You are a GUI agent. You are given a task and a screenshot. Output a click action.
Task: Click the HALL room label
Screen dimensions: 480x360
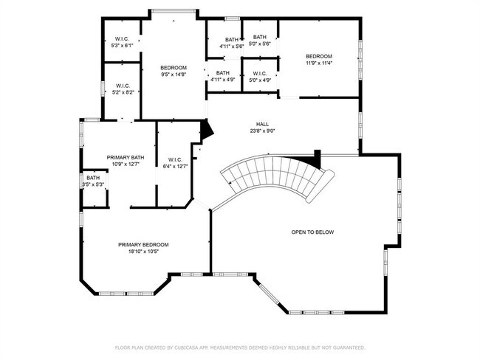tap(262, 124)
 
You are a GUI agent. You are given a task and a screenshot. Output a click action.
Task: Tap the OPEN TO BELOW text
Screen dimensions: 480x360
tap(312, 232)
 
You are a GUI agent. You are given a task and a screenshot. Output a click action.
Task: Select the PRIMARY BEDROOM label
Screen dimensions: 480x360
tap(143, 245)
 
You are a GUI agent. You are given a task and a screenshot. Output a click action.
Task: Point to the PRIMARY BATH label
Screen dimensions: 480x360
tap(126, 158)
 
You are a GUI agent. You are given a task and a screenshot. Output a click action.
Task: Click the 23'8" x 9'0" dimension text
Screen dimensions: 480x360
tap(262, 131)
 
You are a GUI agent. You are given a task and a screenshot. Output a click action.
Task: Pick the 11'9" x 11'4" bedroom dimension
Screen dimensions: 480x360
tap(319, 63)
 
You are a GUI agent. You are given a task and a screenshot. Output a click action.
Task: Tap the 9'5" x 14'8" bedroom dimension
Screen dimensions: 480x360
tap(174, 75)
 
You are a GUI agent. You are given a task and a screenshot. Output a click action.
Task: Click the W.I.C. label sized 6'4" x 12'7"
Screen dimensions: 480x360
tap(175, 159)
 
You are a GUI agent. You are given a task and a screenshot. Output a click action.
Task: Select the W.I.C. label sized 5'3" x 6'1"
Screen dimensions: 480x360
tap(122, 39)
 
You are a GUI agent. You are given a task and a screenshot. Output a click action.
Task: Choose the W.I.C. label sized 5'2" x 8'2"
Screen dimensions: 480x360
tap(123, 86)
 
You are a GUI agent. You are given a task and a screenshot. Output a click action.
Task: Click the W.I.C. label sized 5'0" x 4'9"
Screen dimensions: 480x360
tap(260, 74)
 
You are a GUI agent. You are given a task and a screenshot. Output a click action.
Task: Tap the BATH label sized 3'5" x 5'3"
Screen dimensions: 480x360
tap(93, 178)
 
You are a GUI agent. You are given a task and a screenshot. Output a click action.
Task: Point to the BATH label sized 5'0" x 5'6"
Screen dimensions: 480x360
tap(260, 37)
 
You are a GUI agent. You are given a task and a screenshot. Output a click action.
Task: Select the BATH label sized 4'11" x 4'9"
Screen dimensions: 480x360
tap(222, 73)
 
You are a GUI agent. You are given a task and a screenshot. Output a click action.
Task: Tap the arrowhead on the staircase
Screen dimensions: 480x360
tap(230, 183)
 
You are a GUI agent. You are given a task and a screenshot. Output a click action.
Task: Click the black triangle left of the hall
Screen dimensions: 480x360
tap(206, 131)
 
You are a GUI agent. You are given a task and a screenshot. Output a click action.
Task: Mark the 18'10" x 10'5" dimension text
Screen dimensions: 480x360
tap(143, 252)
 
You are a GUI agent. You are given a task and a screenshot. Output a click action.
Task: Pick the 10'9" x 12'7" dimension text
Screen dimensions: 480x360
tap(126, 165)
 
